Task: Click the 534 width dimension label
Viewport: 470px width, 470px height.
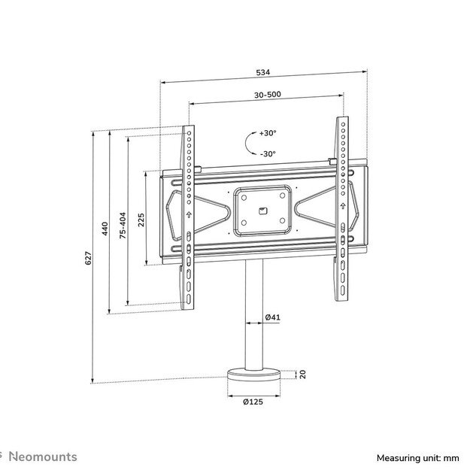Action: click(x=262, y=73)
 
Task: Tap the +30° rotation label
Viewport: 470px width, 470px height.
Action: click(x=268, y=133)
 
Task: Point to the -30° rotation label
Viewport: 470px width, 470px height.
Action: click(x=268, y=153)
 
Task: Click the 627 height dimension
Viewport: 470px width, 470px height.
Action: click(x=87, y=258)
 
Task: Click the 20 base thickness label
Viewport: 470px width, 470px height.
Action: click(x=302, y=374)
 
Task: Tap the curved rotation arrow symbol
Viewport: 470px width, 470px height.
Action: click(x=247, y=143)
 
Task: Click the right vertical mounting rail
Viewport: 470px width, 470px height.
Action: click(x=342, y=211)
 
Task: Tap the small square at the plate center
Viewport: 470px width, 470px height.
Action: click(x=262, y=211)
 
